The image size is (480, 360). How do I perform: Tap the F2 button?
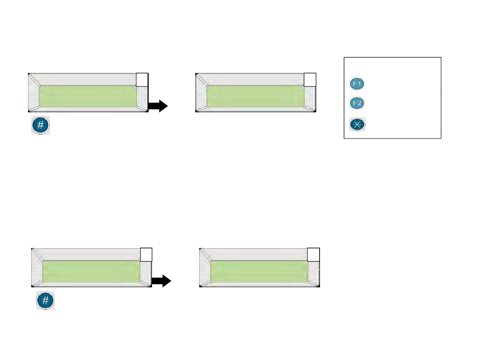[x=357, y=103]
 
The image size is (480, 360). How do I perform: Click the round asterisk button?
[x=357, y=125]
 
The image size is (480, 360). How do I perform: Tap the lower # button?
[x=45, y=301]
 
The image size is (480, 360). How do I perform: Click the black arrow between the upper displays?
[x=158, y=106]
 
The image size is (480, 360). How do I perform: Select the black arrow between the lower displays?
[x=162, y=281]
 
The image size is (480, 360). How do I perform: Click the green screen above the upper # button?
[x=88, y=96]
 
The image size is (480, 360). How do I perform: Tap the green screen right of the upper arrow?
[x=256, y=96]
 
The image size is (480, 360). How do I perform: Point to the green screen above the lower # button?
[x=91, y=271]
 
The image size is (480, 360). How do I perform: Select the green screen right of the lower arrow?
[x=259, y=271]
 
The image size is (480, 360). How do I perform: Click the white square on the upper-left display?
[x=142, y=80]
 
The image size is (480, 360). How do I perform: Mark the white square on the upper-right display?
[x=310, y=80]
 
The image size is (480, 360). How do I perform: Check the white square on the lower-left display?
[x=146, y=255]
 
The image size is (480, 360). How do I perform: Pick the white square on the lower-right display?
[x=313, y=255]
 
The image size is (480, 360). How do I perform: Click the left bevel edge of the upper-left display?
[x=34, y=95]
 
